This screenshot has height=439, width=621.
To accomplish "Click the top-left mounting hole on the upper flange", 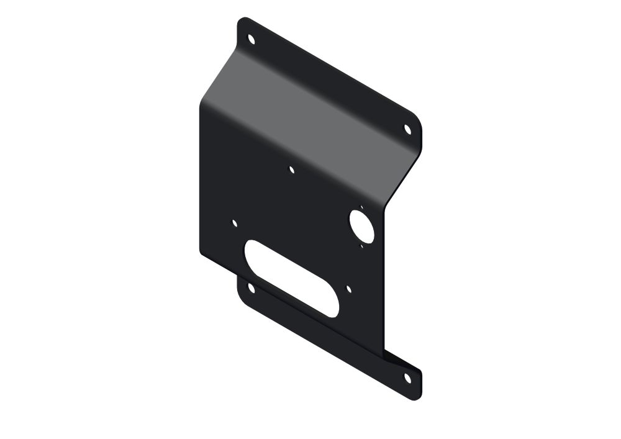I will [x=252, y=39].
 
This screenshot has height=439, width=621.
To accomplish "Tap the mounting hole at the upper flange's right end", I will [x=407, y=129].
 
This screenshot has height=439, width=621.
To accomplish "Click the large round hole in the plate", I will [x=361, y=226].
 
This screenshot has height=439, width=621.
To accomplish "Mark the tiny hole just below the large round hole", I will [x=362, y=246].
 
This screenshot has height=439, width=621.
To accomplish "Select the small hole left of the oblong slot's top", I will [x=234, y=222].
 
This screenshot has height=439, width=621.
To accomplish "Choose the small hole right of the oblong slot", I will [x=349, y=289].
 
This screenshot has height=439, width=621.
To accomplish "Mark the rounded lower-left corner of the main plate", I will [x=202, y=251].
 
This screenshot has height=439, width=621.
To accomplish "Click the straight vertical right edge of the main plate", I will [x=385, y=279].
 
